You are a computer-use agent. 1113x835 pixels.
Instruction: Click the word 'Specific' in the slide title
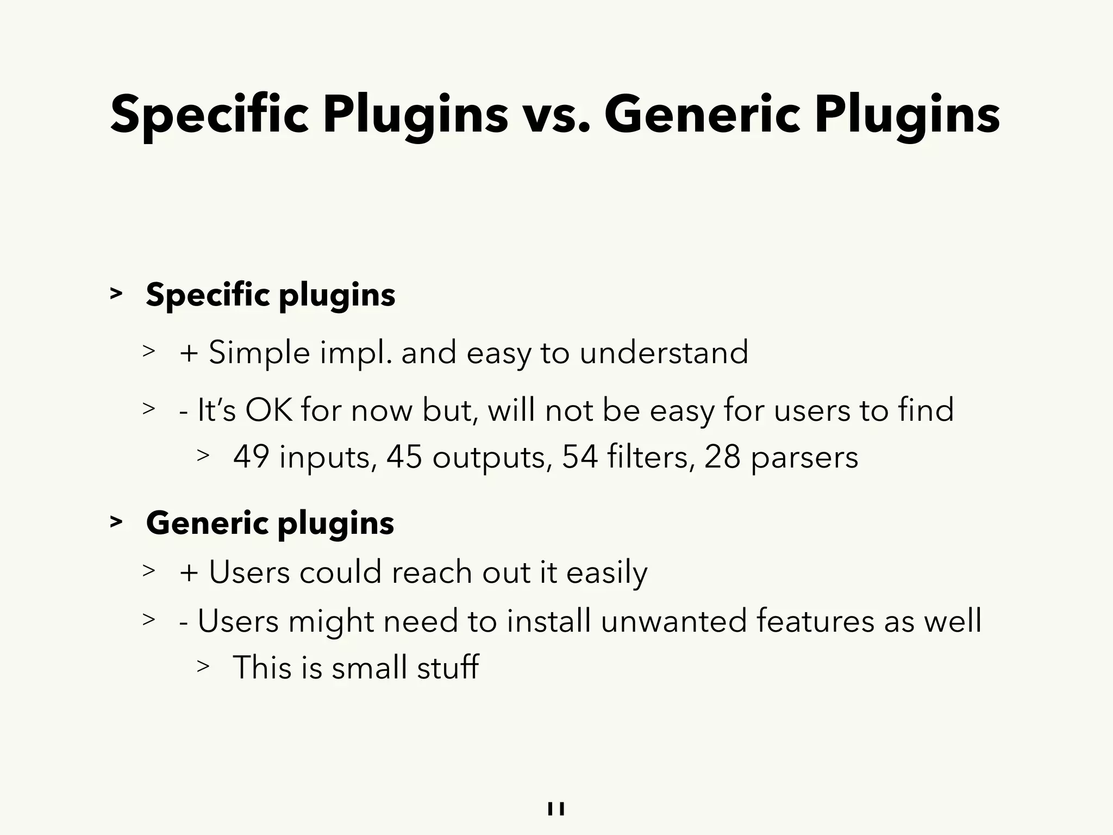coord(209,115)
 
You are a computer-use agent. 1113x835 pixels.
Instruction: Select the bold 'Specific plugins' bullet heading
coord(270,295)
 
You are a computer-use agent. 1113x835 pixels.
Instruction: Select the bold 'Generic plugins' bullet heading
coord(270,523)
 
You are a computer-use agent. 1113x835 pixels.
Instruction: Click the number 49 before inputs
coord(251,457)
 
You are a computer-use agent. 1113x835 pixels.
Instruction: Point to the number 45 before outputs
coord(404,457)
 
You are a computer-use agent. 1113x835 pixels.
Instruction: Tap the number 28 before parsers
coord(722,457)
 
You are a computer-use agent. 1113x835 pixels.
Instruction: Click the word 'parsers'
coord(804,458)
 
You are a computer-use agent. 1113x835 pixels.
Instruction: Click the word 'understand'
coord(664,352)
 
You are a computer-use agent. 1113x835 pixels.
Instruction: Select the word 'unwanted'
coord(673,620)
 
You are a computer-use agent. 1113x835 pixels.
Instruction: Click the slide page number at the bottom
coord(556,809)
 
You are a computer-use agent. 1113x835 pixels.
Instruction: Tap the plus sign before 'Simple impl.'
coord(189,353)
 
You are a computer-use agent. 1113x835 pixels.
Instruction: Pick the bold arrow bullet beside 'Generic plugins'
coord(116,522)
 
